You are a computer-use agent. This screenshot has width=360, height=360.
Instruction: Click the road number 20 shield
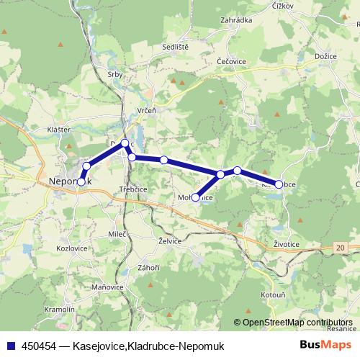coord(341,248)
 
